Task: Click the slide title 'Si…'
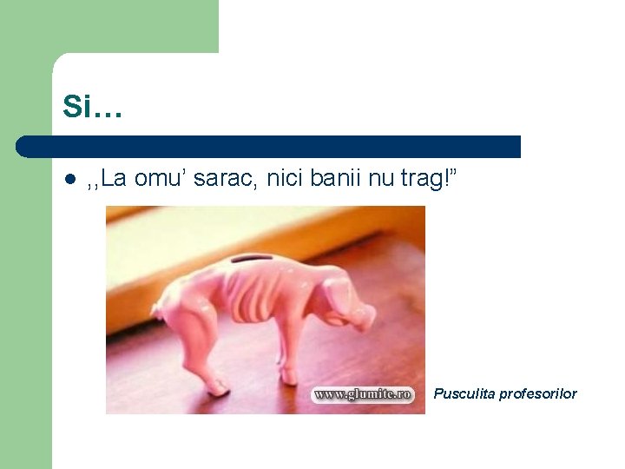click(x=92, y=107)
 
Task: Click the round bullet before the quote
click(x=70, y=181)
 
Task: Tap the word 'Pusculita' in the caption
click(x=464, y=393)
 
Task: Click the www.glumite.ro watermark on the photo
click(x=363, y=394)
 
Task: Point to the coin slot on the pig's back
click(x=253, y=260)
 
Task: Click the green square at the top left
click(x=109, y=26)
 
